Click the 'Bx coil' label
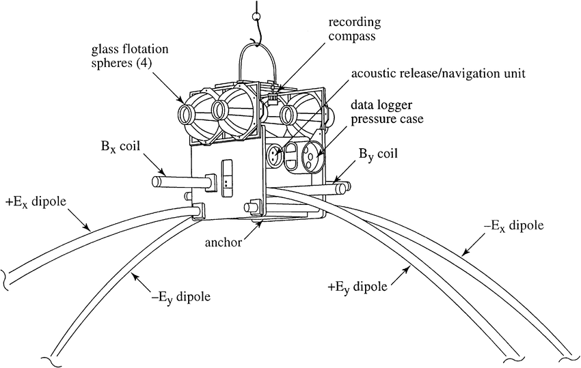pos(111,147)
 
